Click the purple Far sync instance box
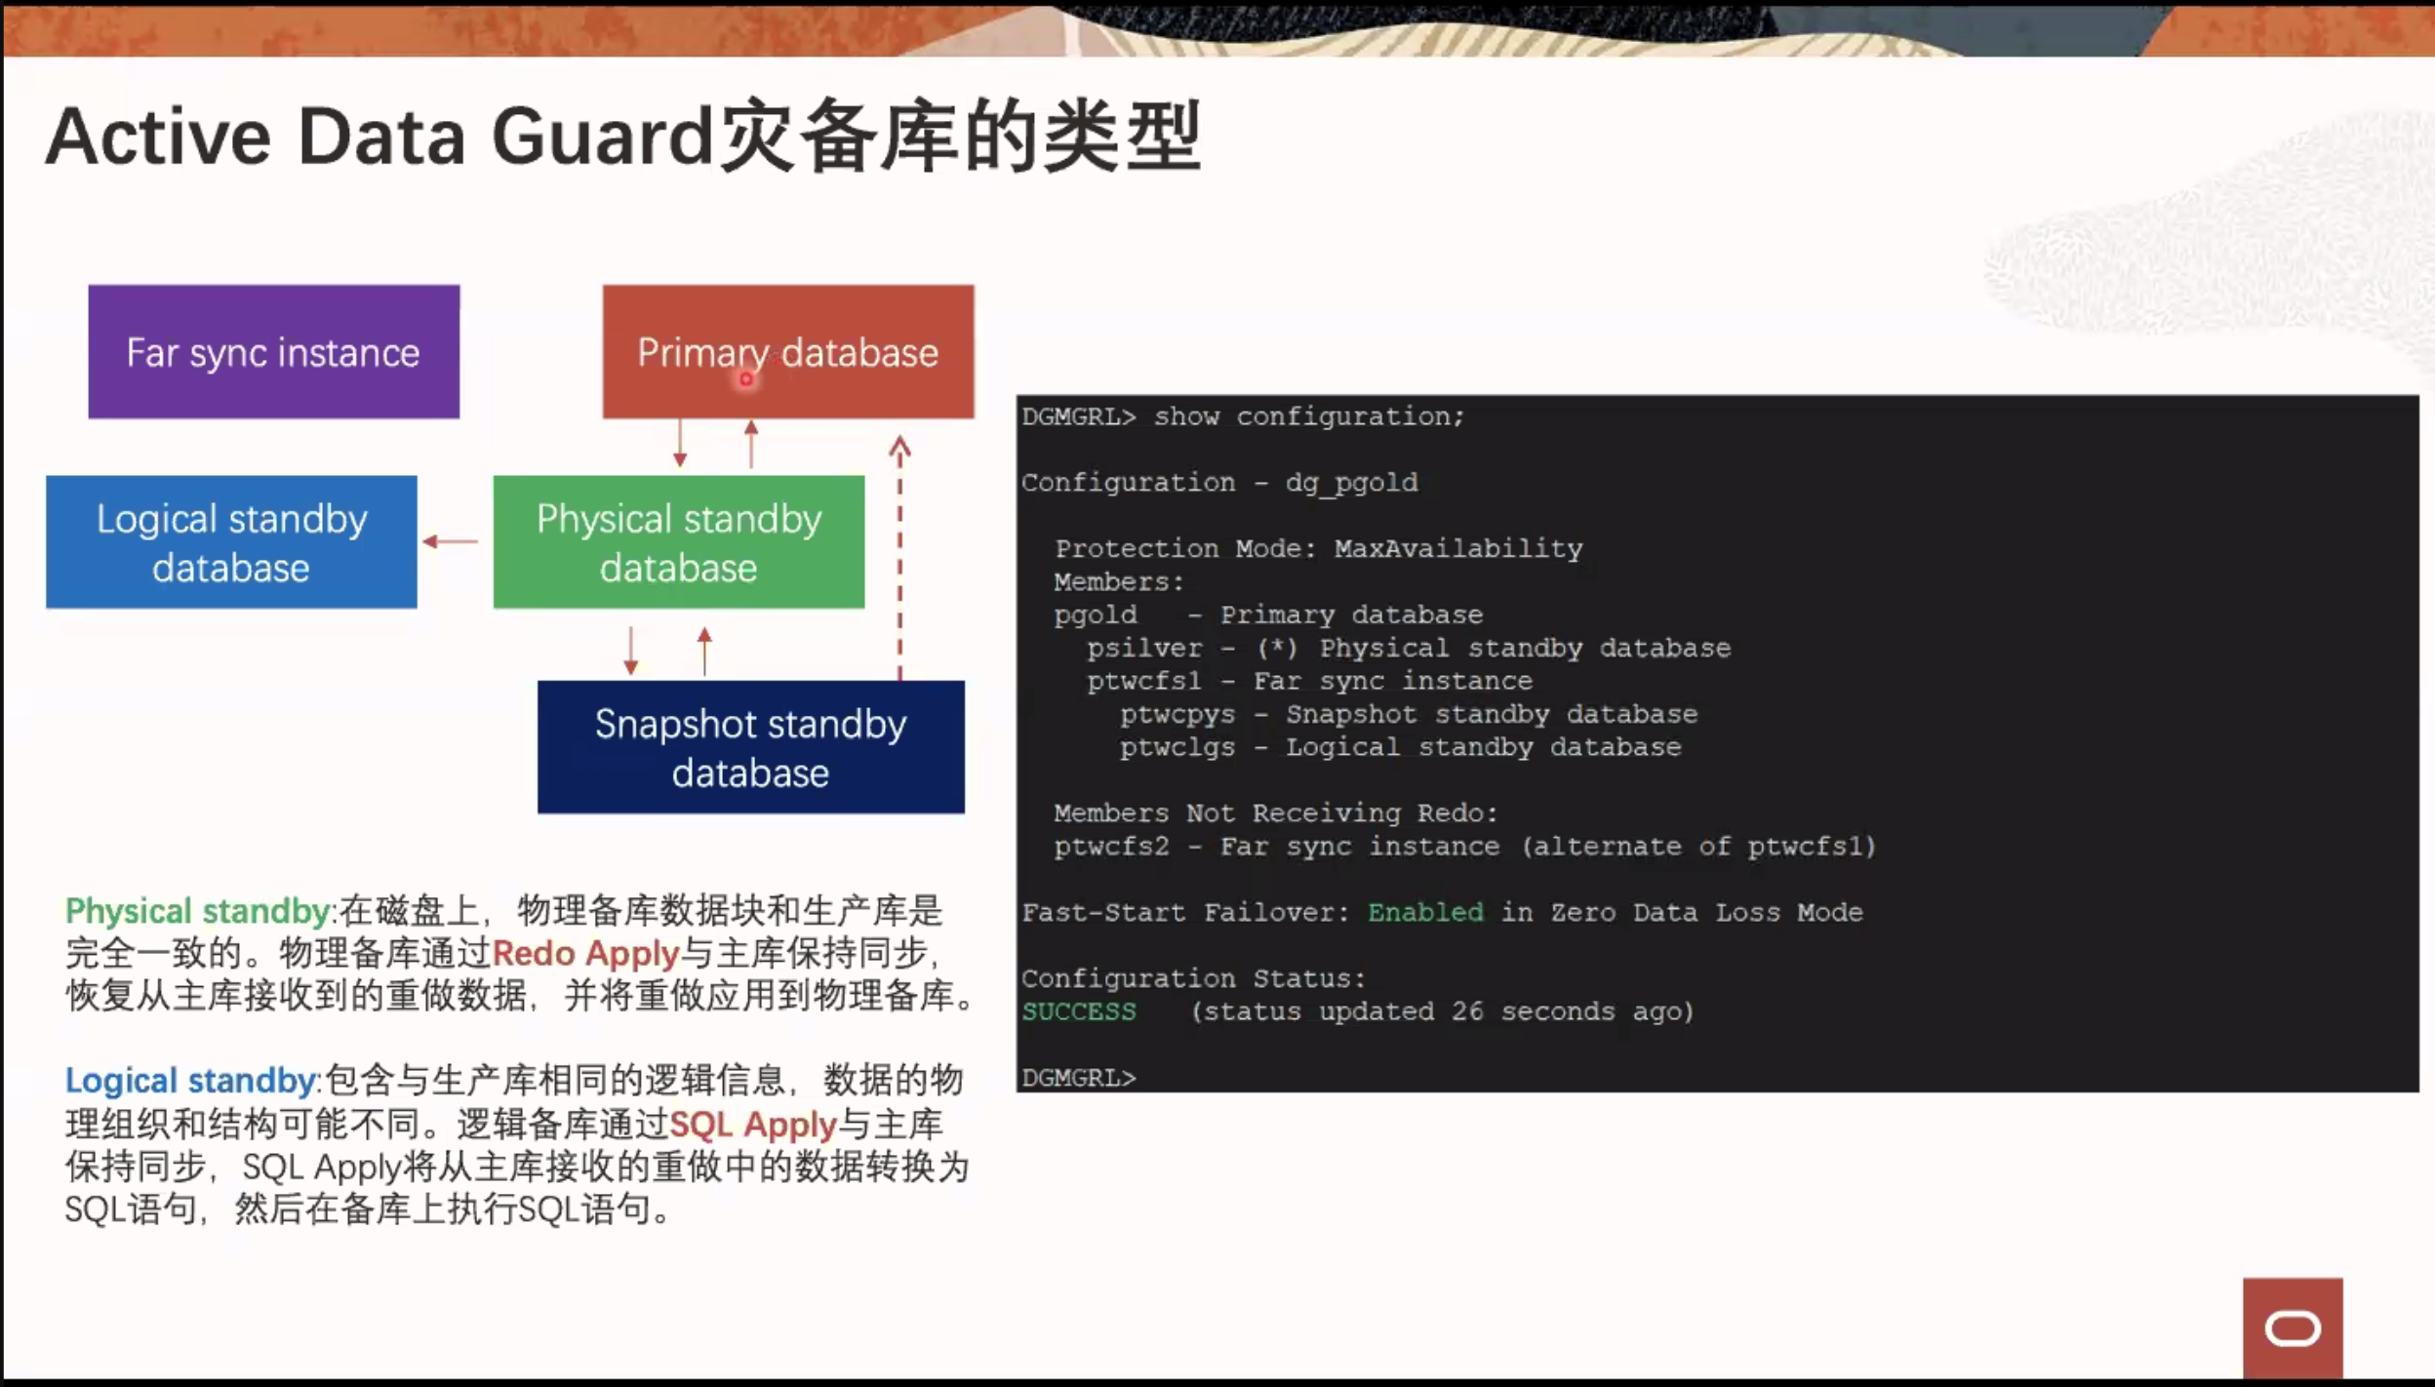(x=274, y=352)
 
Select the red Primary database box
(x=788, y=352)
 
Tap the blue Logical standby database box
(x=231, y=542)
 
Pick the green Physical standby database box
(x=679, y=542)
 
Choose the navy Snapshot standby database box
(x=751, y=747)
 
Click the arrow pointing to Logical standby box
(x=451, y=541)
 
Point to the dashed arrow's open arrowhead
(x=899, y=448)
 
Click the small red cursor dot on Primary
(x=746, y=379)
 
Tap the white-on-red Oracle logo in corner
(x=2293, y=1328)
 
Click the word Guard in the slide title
(x=603, y=137)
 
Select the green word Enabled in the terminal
(x=1425, y=913)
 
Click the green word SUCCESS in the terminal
(x=1079, y=1012)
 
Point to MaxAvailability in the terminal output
(x=1458, y=549)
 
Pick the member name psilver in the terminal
(x=1145, y=649)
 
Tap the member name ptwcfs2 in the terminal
(x=1112, y=847)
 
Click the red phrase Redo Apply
(x=585, y=953)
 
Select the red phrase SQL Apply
(x=753, y=1125)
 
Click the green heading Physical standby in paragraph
(x=198, y=911)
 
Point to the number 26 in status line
(x=1467, y=1011)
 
